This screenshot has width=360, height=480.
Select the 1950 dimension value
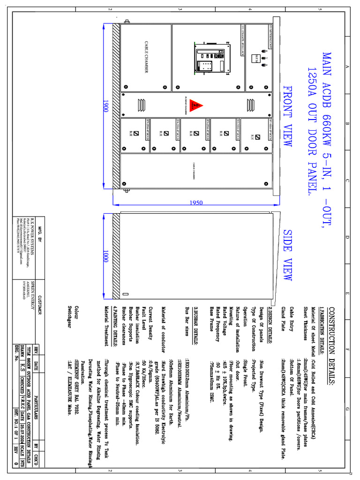point(197,202)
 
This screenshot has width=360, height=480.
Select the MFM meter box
point(256,59)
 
